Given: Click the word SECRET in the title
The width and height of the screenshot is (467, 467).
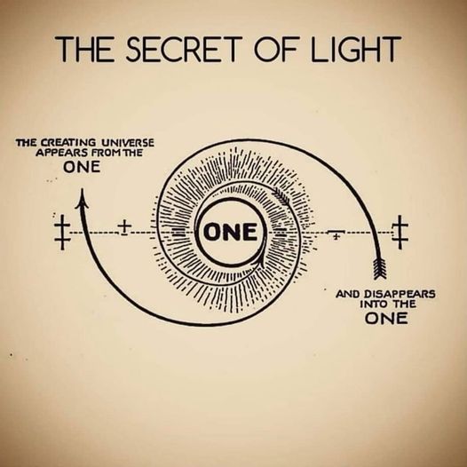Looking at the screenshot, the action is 182,49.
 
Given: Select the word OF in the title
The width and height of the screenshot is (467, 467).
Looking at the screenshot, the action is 275,49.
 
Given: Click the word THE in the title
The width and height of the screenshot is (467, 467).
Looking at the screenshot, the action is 84,49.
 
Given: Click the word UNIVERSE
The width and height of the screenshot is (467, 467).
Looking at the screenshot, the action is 128,142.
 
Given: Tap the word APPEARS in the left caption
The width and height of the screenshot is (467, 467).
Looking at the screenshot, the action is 61,153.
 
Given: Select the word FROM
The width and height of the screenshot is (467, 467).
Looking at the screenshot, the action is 105,153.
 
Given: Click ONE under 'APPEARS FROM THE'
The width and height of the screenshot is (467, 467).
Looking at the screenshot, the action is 82,167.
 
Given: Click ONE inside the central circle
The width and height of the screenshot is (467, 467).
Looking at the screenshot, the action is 230,232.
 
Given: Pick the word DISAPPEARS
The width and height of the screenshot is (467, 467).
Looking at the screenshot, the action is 400,294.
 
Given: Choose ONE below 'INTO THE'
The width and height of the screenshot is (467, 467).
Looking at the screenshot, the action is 386,319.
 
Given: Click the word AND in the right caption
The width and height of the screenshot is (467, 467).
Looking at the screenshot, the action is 348,294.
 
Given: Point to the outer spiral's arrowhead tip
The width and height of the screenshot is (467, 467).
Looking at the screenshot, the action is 83,189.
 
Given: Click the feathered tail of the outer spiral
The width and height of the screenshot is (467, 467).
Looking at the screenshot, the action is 380,268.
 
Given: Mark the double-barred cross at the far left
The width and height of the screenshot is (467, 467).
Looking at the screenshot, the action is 62,233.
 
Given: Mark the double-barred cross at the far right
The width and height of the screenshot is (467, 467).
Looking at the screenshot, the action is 400,233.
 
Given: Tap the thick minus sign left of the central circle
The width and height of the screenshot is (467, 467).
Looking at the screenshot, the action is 179,232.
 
